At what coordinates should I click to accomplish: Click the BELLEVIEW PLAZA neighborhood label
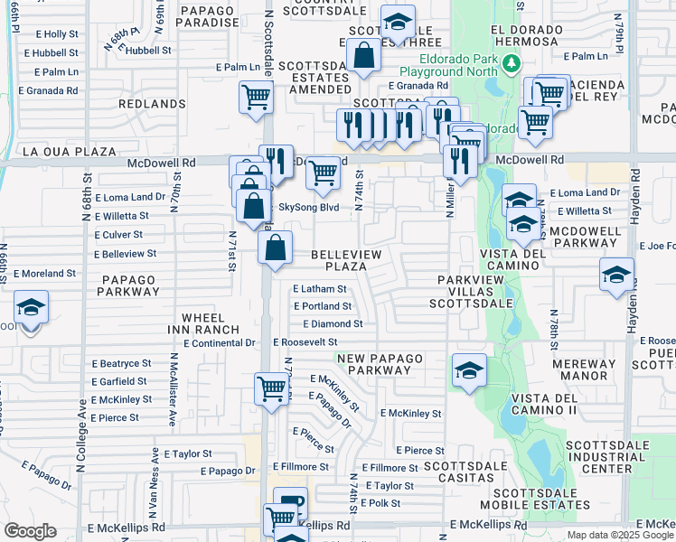(x=351, y=261)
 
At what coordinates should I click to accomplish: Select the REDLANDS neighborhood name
(x=151, y=104)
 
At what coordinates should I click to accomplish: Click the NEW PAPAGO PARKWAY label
(x=380, y=364)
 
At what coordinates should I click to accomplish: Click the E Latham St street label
(x=319, y=289)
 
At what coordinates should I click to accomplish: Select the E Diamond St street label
(x=333, y=323)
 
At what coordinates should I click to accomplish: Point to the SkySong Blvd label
(x=308, y=207)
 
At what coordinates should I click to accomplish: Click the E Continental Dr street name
(x=219, y=343)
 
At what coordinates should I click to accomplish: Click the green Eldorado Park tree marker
(x=512, y=62)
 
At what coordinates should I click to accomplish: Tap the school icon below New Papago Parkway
(x=469, y=369)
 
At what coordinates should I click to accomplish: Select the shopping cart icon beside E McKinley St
(x=271, y=388)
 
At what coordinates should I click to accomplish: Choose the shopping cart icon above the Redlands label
(x=257, y=96)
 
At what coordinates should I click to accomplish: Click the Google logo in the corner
(x=30, y=531)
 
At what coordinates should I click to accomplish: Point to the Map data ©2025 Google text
(x=619, y=535)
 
